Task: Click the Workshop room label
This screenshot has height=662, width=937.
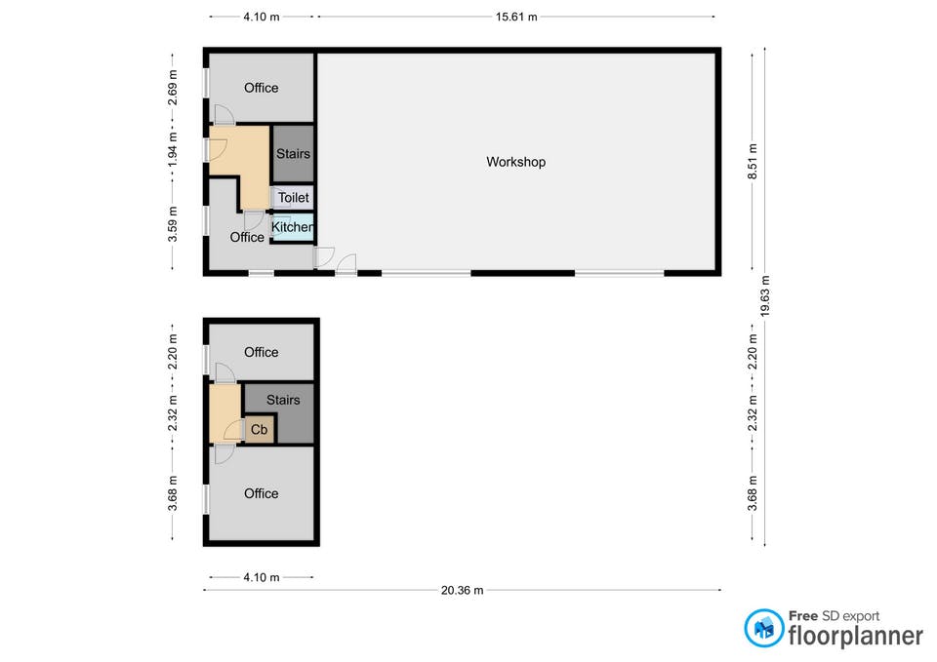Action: (x=515, y=162)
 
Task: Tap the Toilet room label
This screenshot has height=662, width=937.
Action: (x=294, y=198)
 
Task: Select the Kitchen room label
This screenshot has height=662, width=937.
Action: (x=292, y=227)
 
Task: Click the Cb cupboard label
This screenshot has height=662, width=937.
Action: (x=259, y=430)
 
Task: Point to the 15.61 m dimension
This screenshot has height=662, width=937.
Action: (x=516, y=17)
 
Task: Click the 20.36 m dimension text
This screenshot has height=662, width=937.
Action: (x=462, y=591)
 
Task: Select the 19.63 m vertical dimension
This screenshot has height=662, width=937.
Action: (x=765, y=296)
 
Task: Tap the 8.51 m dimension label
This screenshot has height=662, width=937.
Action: (x=753, y=161)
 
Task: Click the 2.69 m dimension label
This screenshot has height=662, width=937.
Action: (x=172, y=87)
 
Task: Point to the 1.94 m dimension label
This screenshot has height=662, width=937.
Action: (x=172, y=150)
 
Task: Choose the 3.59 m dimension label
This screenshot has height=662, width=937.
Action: (x=172, y=224)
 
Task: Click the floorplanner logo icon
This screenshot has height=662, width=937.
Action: (x=763, y=628)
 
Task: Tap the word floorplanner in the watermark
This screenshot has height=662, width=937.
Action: (x=855, y=635)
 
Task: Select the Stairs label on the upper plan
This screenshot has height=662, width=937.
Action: (x=293, y=154)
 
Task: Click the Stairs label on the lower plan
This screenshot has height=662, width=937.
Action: (x=283, y=400)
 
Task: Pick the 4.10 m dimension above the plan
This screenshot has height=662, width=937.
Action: (x=262, y=17)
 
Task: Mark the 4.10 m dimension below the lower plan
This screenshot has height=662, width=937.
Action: (x=262, y=577)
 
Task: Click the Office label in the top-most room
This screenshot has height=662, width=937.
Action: (x=262, y=88)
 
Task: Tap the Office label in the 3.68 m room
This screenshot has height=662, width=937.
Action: (x=262, y=493)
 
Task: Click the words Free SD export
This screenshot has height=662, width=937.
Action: (x=834, y=616)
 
